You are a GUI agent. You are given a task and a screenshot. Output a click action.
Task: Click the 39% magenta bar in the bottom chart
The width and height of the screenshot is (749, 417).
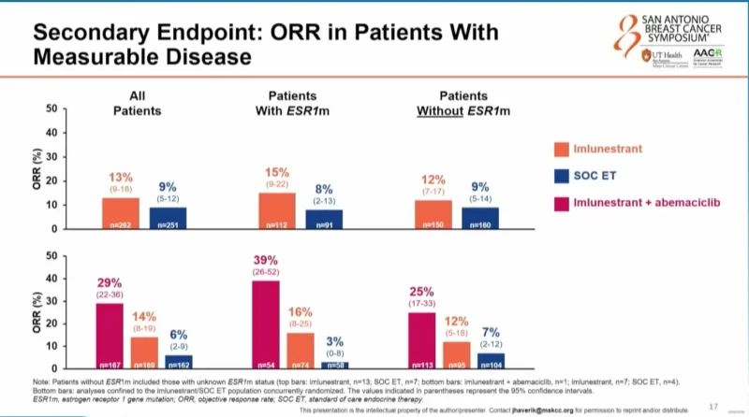pos(266,324)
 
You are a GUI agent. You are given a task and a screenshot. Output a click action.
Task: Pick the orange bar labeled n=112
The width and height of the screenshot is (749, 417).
pos(278,211)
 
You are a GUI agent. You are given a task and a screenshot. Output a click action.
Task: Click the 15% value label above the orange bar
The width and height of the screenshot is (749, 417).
pos(278,174)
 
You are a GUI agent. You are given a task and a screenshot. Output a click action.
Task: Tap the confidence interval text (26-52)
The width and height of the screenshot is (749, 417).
pos(265,272)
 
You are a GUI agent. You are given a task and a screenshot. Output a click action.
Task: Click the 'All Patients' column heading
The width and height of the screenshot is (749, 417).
pos(138,103)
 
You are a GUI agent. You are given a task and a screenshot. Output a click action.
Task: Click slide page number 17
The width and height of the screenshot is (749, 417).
pos(713,405)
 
